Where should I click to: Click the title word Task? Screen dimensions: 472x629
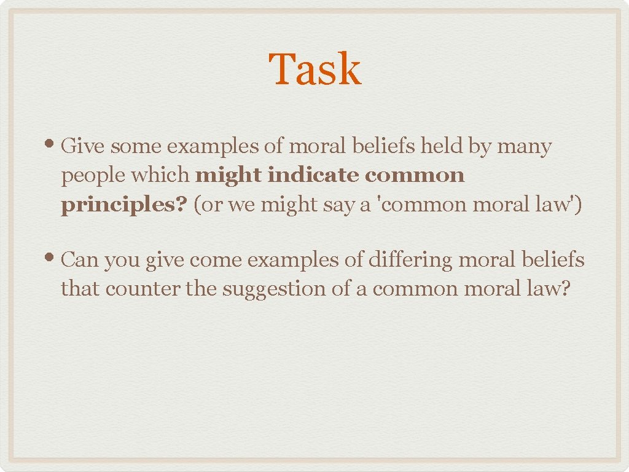314,69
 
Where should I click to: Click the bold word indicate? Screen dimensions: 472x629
313,175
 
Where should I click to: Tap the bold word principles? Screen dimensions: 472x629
123,204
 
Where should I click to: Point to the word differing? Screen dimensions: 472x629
407,261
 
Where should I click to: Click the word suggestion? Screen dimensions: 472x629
273,289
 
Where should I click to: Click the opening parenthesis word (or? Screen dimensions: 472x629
208,205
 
